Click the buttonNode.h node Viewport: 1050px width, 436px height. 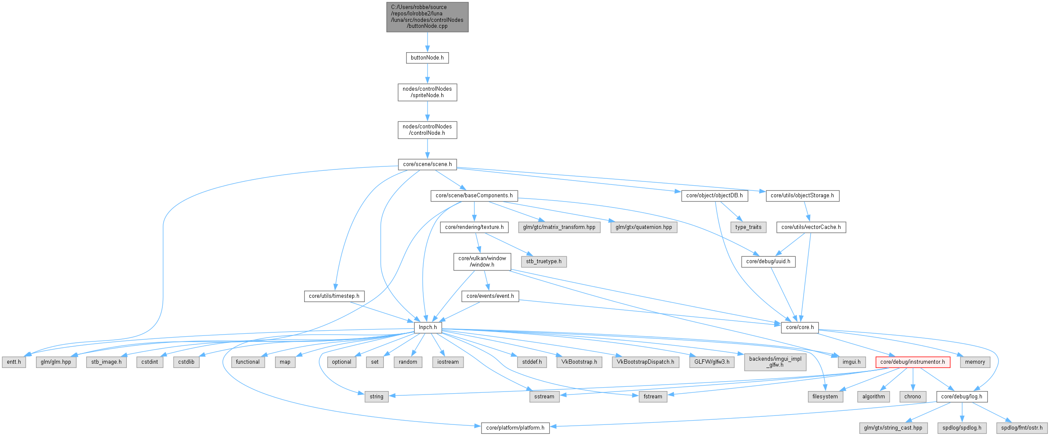[x=427, y=58]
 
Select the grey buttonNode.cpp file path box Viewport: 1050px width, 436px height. [x=427, y=17]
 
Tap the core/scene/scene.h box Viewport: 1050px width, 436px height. [x=427, y=164]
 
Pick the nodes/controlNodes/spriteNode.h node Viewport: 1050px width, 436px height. [x=427, y=92]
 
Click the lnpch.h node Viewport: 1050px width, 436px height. [x=428, y=327]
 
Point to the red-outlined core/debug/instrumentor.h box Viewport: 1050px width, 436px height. [x=912, y=362]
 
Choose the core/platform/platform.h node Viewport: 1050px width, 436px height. [x=515, y=428]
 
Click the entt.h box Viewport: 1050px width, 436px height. [x=14, y=362]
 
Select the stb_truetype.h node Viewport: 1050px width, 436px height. [x=544, y=261]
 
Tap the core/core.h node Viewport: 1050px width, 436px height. [x=799, y=327]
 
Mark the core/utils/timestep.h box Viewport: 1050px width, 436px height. [x=334, y=296]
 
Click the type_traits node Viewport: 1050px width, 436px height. [x=748, y=227]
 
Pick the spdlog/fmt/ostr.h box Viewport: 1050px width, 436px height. [x=1022, y=428]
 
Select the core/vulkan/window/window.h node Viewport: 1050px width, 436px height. [x=482, y=261]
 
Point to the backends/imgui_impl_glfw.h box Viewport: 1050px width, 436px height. [x=775, y=362]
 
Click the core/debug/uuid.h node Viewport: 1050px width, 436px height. [x=768, y=261]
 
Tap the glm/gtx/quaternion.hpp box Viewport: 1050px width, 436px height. [x=643, y=227]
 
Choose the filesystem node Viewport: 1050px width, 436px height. [x=825, y=397]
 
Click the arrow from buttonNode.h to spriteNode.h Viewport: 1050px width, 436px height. [x=427, y=74]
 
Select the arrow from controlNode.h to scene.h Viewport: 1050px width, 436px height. [x=427, y=149]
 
